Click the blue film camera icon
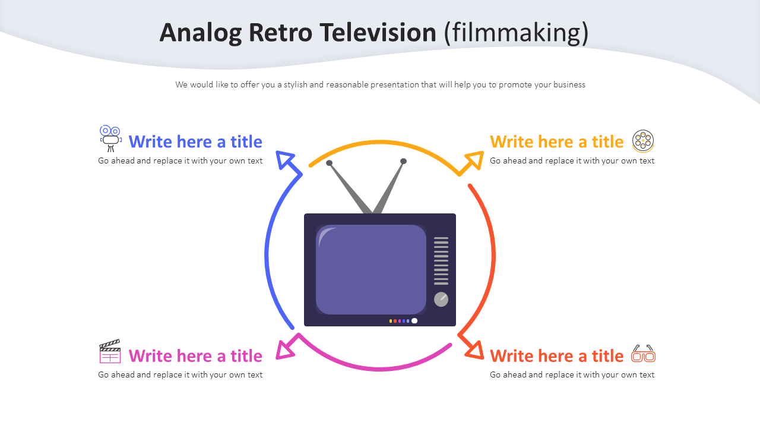tap(110, 139)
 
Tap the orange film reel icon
tap(642, 141)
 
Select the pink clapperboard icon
tap(110, 352)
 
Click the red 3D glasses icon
tap(643, 354)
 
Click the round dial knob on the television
tap(441, 299)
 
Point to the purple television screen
tap(371, 269)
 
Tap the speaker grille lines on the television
tap(441, 261)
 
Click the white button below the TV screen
tap(414, 321)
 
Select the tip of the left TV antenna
tap(330, 163)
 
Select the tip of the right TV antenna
tap(403, 161)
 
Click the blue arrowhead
tap(286, 159)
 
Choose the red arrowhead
tap(474, 351)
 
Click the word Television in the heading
tap(377, 33)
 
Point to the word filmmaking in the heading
tap(517, 33)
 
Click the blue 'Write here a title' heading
tap(195, 141)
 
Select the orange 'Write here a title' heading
tap(556, 141)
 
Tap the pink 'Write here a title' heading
tap(195, 355)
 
